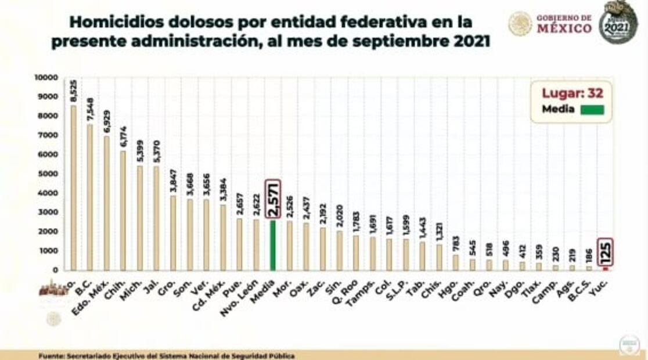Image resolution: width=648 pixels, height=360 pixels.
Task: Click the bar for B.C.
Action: (89, 197)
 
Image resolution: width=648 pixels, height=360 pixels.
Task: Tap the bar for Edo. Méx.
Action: (106, 203)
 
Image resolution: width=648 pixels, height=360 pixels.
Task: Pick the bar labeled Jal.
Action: (156, 218)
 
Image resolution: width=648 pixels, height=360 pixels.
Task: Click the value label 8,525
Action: (73, 92)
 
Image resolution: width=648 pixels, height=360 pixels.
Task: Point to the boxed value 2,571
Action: (272, 199)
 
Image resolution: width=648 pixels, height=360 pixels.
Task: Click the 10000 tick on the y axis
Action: (46, 77)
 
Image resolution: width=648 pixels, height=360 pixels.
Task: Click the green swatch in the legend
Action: (590, 110)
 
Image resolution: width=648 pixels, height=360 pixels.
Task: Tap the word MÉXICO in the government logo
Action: (564, 28)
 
